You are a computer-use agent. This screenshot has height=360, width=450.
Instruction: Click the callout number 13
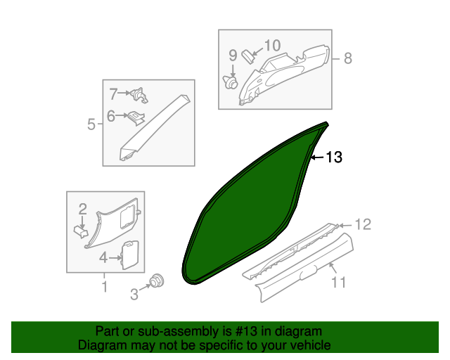click(334, 157)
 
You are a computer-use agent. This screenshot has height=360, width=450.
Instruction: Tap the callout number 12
click(361, 225)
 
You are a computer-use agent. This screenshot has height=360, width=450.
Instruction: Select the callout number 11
click(339, 283)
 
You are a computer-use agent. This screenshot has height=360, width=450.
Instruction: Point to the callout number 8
click(347, 58)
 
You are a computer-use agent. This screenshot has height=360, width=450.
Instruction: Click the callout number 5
click(91, 125)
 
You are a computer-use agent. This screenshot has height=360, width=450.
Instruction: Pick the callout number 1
click(105, 286)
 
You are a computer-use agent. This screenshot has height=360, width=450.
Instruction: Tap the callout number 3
click(134, 295)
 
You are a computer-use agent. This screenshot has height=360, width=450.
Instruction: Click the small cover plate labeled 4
click(129, 254)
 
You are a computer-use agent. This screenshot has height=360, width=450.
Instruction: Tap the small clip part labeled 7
click(140, 94)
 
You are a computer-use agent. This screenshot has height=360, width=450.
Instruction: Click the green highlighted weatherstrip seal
click(246, 211)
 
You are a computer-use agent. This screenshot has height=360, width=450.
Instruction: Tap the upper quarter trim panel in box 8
click(288, 74)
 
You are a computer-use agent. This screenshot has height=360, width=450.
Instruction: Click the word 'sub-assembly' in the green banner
click(174, 331)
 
